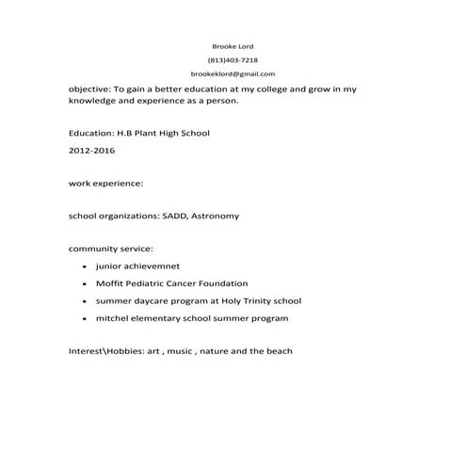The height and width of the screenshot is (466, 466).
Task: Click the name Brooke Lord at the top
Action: click(233, 45)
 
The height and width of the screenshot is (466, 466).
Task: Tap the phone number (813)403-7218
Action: click(233, 59)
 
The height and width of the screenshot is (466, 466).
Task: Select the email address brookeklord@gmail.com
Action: click(233, 73)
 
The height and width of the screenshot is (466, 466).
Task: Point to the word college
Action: click(280, 88)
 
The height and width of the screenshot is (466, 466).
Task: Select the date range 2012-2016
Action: click(91, 151)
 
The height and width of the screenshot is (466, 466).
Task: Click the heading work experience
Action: click(106, 183)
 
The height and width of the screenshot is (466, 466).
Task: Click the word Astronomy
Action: click(216, 216)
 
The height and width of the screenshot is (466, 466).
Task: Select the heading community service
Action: click(110, 249)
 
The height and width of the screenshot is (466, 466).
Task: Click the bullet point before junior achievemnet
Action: click(85, 266)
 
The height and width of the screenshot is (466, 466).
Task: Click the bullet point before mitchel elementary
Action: click(85, 319)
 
